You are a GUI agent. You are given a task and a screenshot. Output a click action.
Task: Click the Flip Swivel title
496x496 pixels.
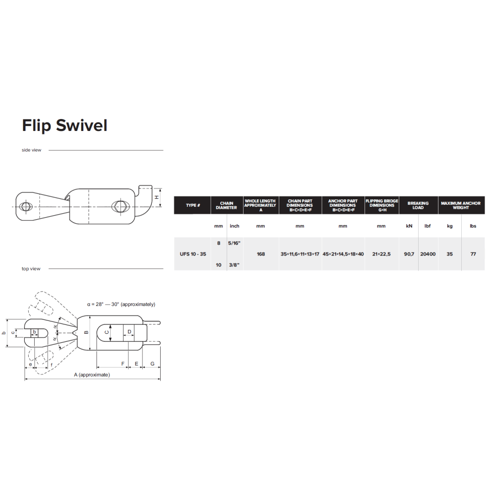point(65,125)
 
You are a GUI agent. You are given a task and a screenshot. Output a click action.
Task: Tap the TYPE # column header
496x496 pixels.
point(193,205)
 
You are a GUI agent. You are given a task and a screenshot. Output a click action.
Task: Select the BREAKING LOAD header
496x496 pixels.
point(418,205)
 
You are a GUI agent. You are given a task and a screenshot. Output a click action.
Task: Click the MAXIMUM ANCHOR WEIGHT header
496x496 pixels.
point(461,205)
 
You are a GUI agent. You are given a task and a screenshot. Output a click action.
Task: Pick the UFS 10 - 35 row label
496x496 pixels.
point(193,254)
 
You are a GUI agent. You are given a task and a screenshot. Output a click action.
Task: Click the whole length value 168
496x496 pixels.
point(261,254)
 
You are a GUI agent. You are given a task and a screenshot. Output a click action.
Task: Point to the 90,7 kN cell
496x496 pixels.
point(409,254)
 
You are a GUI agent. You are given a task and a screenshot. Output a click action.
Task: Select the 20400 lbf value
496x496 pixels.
point(428,254)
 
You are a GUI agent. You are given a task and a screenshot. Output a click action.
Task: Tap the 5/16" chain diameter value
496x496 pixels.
point(235,243)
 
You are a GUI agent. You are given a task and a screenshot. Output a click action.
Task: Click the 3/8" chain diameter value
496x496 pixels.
point(235,265)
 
